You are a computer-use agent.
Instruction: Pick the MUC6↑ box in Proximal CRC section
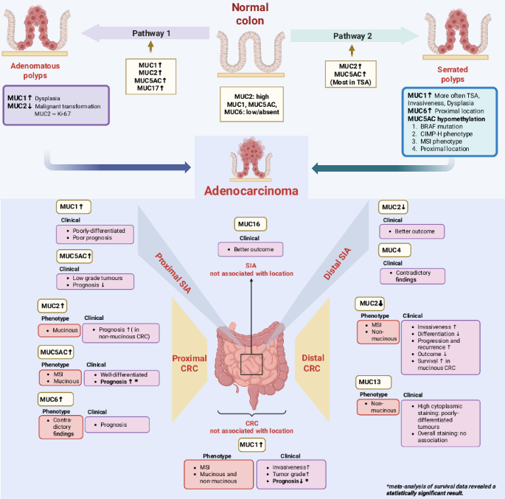[53, 398]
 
